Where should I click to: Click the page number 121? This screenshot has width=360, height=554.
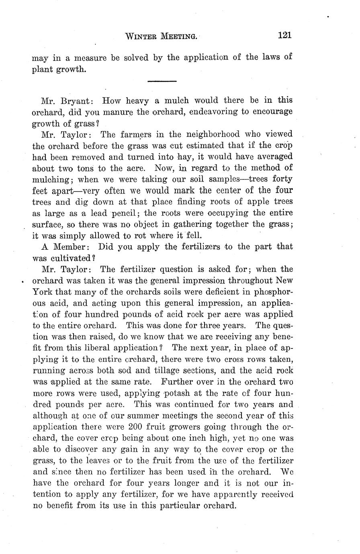coord(284,35)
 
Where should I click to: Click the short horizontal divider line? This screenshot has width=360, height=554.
coord(162,81)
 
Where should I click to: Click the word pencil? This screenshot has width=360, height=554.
coord(122,213)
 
